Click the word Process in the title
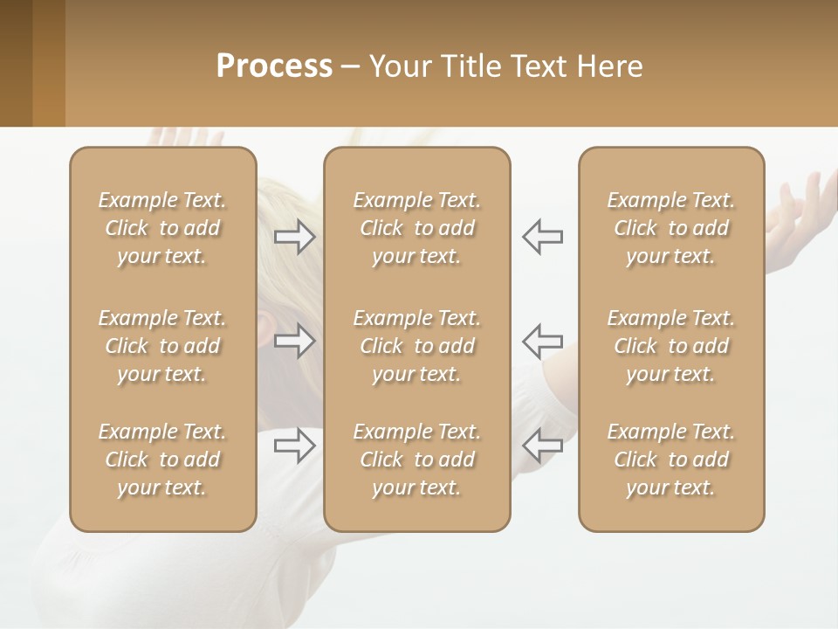coord(274,66)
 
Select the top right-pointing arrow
coord(295,237)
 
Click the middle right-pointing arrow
coord(295,340)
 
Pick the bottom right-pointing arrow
coord(295,445)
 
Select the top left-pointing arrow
coord(542,237)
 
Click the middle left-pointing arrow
coord(542,340)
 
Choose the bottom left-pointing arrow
coord(542,445)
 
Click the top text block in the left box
coord(162,228)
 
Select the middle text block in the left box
coord(162,346)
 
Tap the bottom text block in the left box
coord(162,460)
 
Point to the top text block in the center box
coord(417,228)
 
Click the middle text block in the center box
coord(417,346)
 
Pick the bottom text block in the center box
coord(417,460)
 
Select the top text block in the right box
coord(671,228)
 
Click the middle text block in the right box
coord(671,346)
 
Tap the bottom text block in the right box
coord(671,460)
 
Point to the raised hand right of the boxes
coord(799,214)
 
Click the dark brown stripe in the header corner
coord(16,63)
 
